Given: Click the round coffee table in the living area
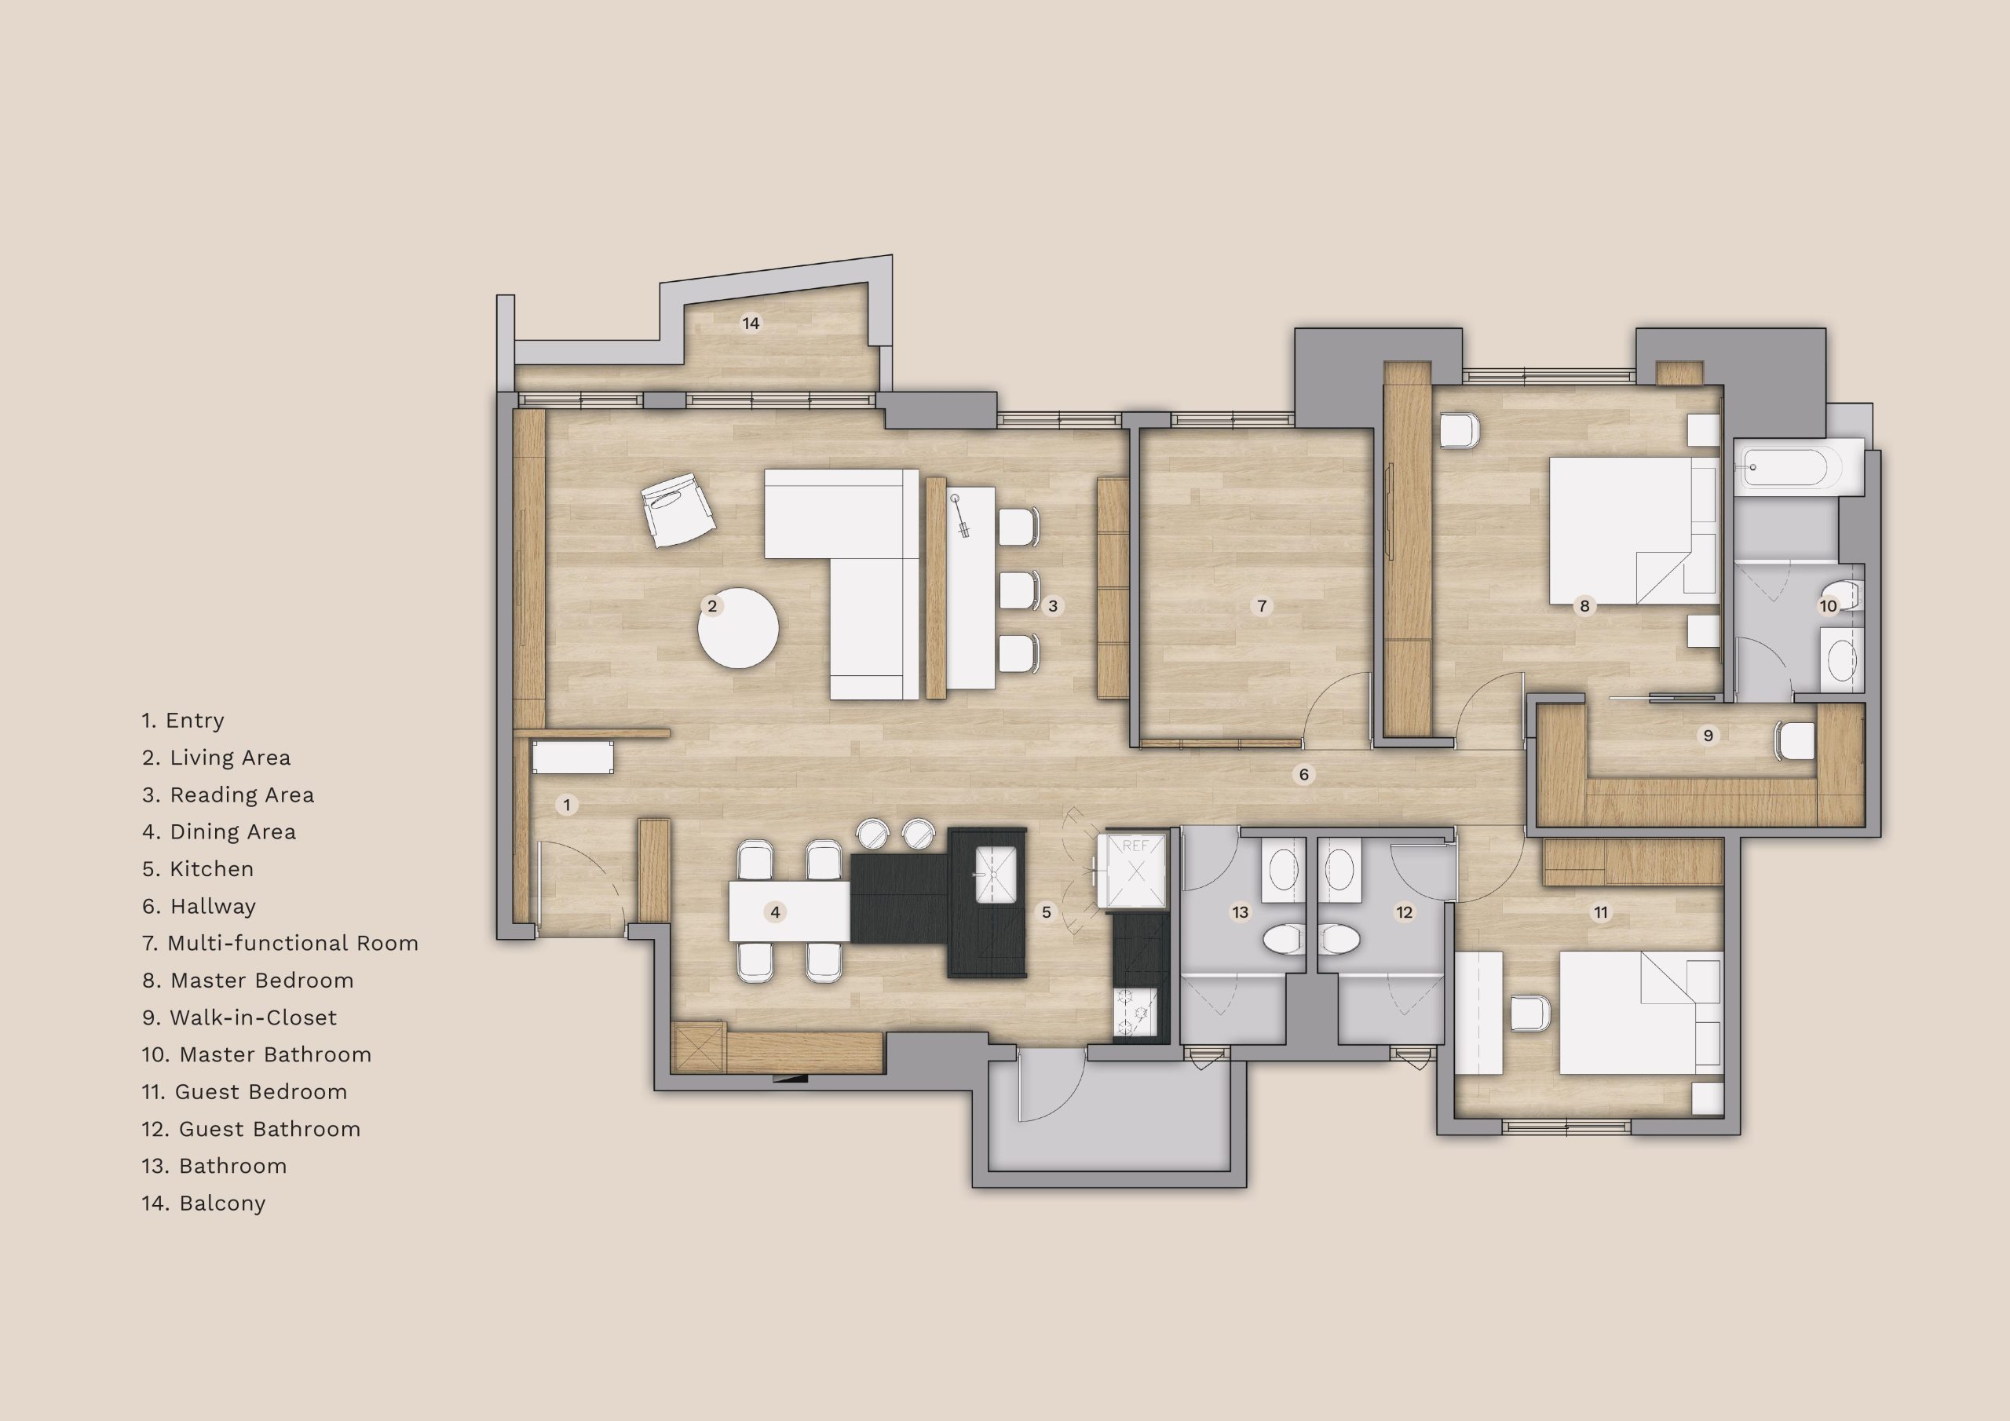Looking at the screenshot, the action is click(x=738, y=626).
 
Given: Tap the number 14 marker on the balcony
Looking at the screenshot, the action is click(x=751, y=323).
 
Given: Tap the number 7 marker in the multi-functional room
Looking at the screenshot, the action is click(x=1262, y=605).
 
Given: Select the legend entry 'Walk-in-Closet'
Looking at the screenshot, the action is click(x=239, y=1017).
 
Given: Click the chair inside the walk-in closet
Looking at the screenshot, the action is click(x=1793, y=740).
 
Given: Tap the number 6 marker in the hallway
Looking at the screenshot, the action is click(x=1303, y=774).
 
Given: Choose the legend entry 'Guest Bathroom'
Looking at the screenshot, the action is click(x=250, y=1129).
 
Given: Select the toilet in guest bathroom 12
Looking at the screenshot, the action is click(x=1339, y=940).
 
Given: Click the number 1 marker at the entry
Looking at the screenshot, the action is click(x=568, y=805).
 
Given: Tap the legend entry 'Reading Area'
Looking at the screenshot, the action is click(x=228, y=795).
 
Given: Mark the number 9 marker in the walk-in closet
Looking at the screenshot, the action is click(x=1708, y=735).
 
